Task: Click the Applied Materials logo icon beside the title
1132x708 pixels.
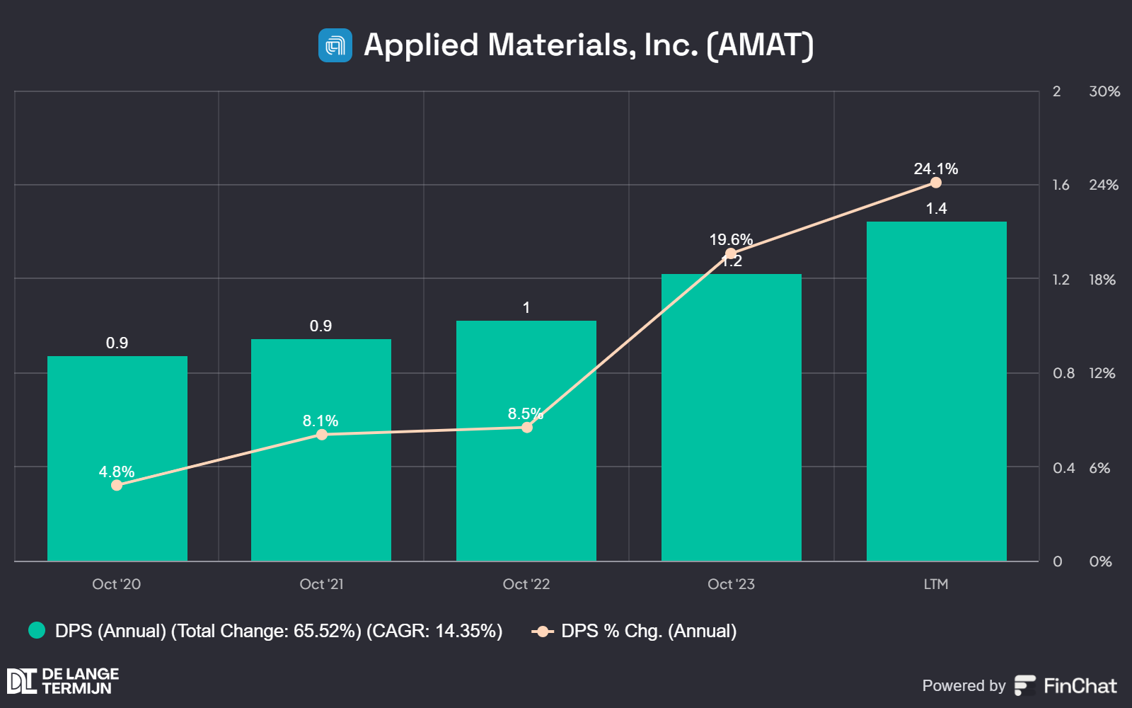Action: click(335, 45)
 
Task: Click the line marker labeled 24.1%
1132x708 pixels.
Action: click(936, 183)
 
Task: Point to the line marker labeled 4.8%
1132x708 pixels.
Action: click(117, 485)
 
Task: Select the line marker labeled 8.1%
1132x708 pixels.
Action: click(322, 434)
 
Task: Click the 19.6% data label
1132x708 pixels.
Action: click(731, 239)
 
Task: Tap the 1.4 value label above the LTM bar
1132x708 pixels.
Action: click(936, 208)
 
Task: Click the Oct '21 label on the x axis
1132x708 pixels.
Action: click(321, 584)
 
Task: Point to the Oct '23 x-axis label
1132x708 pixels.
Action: click(731, 584)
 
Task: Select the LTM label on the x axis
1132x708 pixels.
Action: click(936, 584)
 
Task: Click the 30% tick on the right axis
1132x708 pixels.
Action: click(1104, 91)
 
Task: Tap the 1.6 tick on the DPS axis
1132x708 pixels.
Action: click(1061, 185)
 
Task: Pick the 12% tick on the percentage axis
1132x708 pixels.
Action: click(1102, 373)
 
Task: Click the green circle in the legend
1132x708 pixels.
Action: click(37, 630)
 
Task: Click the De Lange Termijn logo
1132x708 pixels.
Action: click(62, 681)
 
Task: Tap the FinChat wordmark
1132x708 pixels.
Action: click(1080, 685)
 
